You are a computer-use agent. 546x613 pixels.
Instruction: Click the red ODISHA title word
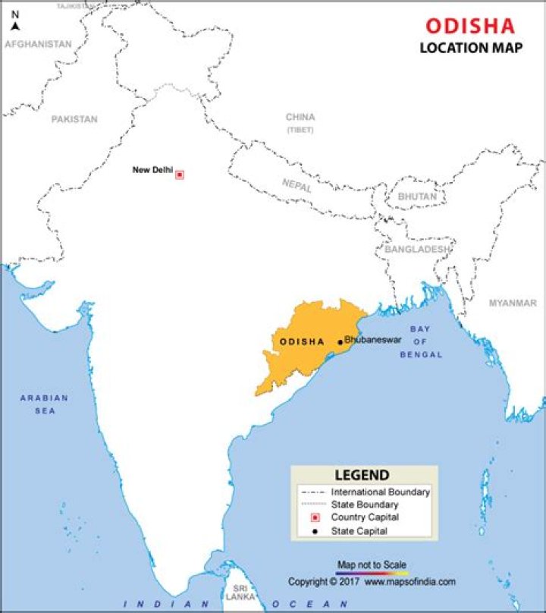469,27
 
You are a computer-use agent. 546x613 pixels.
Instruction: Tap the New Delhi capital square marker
180,174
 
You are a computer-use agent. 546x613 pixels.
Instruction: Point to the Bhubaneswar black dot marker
340,342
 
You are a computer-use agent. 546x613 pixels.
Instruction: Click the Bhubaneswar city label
372,340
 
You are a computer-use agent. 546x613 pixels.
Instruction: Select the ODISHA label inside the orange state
302,342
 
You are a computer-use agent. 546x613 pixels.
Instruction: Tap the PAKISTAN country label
74,119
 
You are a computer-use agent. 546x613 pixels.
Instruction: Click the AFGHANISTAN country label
38,44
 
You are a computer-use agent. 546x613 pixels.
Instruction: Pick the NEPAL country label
297,184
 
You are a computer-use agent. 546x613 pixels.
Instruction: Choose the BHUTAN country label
417,196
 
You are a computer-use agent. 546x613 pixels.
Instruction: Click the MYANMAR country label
512,303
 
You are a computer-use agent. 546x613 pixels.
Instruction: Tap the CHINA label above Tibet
300,117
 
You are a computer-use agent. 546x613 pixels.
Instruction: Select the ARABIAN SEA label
44,404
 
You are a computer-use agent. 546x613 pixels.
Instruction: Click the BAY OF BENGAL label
425,341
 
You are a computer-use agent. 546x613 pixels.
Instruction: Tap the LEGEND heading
362,476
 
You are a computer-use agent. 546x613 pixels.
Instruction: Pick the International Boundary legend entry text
380,492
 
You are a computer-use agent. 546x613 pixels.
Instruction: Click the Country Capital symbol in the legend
315,517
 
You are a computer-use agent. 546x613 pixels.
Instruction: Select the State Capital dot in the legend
315,531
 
